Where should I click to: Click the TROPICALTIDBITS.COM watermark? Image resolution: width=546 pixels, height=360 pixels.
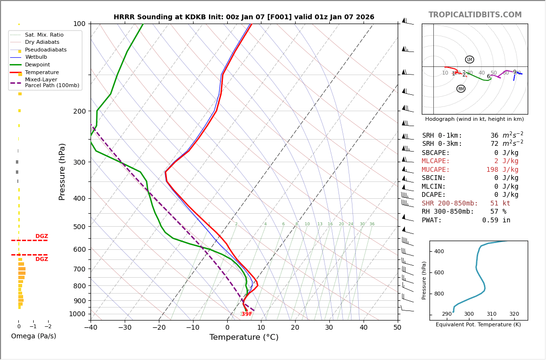[475, 15]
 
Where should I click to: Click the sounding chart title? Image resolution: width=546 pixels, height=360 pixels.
[244, 17]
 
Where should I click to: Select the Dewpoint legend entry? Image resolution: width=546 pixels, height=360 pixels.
[37, 65]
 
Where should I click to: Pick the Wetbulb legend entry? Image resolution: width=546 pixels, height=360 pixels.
[36, 57]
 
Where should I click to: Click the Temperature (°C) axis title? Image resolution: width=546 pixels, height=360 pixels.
[244, 338]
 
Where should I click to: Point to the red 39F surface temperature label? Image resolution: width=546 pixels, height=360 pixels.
[247, 314]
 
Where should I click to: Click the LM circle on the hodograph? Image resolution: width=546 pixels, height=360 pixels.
[469, 60]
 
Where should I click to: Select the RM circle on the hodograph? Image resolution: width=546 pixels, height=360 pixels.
[461, 89]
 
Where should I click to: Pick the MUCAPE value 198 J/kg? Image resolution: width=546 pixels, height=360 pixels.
[502, 170]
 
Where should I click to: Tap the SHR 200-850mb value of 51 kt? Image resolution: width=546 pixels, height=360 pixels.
[500, 204]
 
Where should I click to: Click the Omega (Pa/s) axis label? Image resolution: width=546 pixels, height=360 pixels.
[33, 336]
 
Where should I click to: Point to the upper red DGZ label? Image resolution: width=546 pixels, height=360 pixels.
[41, 236]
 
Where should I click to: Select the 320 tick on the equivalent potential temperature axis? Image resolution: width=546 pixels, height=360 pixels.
[514, 314]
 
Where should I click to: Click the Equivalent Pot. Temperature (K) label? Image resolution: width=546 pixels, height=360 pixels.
[478, 325]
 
